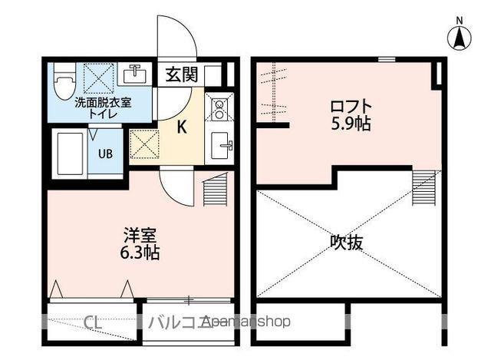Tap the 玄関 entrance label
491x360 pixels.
[x=181, y=74]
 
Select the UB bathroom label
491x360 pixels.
[x=105, y=153]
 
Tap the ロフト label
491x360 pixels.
[x=352, y=106]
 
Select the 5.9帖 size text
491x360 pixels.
[x=352, y=123]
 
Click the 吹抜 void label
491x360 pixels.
[x=347, y=243]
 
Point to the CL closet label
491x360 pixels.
[x=94, y=321]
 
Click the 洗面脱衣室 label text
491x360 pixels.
[x=102, y=102]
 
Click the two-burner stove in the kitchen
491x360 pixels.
[x=218, y=111]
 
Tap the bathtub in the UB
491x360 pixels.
[x=70, y=154]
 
